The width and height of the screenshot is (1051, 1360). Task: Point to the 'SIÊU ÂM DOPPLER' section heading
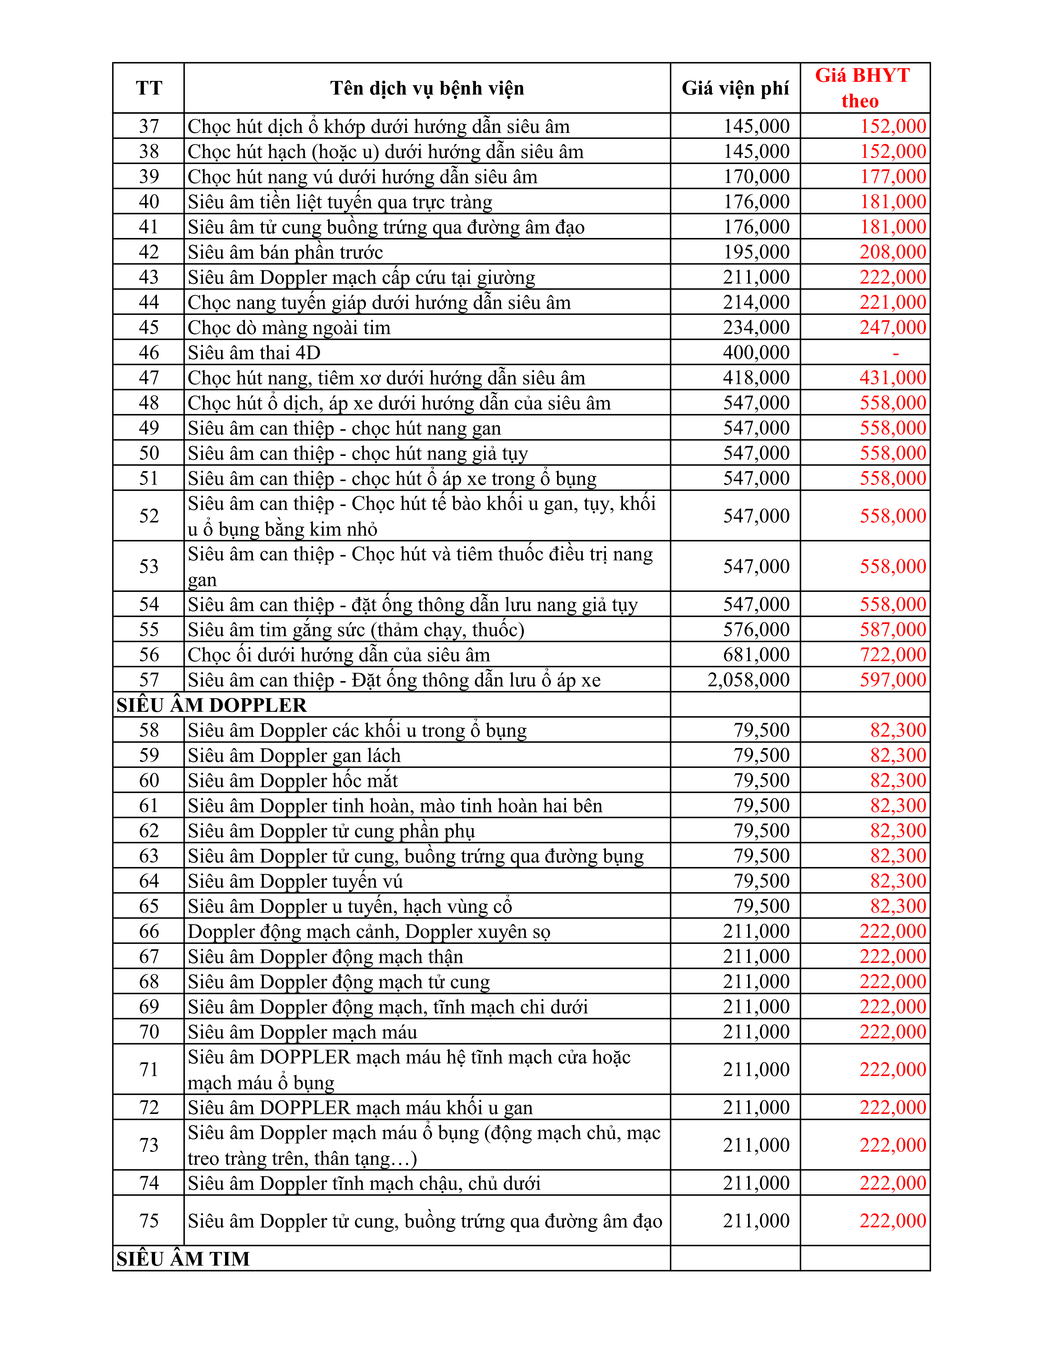212,705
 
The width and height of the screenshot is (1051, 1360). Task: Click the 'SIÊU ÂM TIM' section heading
183,1259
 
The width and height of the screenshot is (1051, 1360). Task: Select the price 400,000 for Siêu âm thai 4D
756,352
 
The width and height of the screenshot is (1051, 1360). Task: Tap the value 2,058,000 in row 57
748,679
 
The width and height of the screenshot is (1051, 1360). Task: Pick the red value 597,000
893,679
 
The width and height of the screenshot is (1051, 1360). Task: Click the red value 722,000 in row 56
893,654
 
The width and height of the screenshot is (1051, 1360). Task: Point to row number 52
149,516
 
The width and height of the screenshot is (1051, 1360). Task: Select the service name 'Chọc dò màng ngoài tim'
289,328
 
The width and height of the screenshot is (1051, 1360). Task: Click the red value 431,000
893,377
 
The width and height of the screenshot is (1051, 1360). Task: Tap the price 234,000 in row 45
756,328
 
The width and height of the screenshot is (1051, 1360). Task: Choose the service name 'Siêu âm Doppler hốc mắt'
293,780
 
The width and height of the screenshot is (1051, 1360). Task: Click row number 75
149,1221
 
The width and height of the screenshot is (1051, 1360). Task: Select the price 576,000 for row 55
756,630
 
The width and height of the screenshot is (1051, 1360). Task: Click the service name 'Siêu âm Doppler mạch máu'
303,1032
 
